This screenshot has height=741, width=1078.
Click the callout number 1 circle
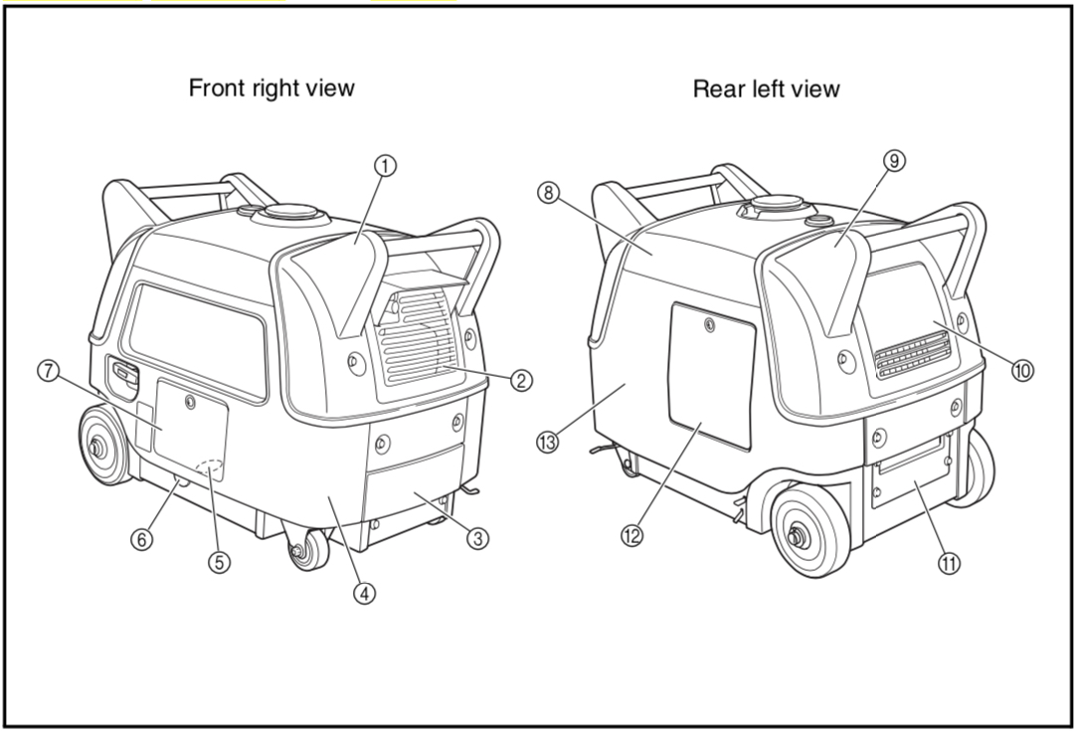pyautogui.click(x=385, y=166)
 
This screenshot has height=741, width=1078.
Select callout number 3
pyautogui.click(x=478, y=538)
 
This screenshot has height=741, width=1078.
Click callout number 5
pyautogui.click(x=219, y=562)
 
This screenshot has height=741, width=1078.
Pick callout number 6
pyautogui.click(x=143, y=539)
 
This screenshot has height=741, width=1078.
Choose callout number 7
pyautogui.click(x=48, y=371)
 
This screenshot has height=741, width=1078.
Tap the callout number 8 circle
pyautogui.click(x=548, y=193)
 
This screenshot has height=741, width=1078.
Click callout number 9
pyautogui.click(x=895, y=160)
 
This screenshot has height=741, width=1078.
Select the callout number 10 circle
pyautogui.click(x=1022, y=370)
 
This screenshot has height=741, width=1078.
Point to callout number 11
pyautogui.click(x=950, y=563)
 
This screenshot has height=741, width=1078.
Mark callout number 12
pyautogui.click(x=631, y=535)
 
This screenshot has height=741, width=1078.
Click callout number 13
pyautogui.click(x=547, y=442)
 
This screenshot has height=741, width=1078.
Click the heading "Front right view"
pyautogui.click(x=271, y=88)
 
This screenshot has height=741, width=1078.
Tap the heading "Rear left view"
pyautogui.click(x=766, y=90)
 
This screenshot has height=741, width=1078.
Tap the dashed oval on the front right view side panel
pyautogui.click(x=210, y=468)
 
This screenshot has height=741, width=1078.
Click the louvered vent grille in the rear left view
pyautogui.click(x=913, y=354)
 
